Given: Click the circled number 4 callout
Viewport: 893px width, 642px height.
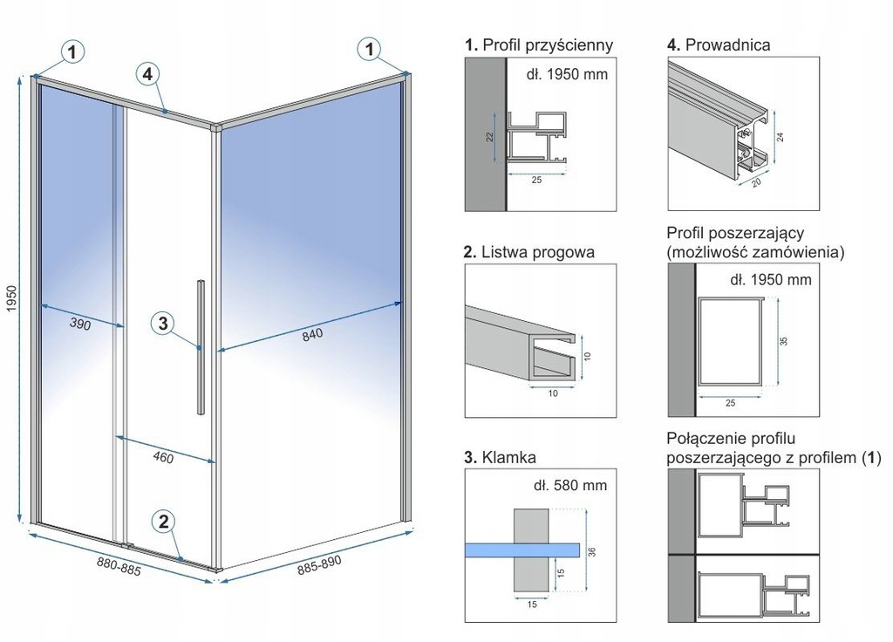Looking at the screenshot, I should point(148,75).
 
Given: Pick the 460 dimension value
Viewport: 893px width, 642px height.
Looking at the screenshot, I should point(163,457).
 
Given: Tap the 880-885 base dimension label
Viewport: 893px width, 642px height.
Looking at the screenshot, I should point(119,568).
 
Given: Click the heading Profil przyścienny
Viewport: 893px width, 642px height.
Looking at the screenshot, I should point(539,44).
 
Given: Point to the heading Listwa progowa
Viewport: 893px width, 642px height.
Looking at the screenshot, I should point(529,253).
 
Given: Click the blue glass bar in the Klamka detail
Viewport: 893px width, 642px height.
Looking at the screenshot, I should point(522,549).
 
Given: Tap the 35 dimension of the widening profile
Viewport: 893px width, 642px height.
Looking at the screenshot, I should point(783,343).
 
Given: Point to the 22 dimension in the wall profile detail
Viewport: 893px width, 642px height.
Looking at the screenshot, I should point(491,136).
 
